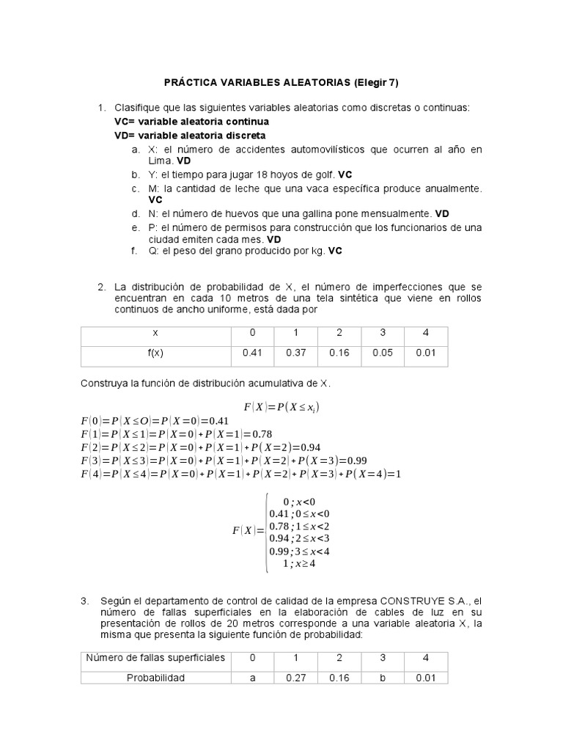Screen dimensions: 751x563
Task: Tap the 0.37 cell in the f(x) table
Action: click(x=295, y=353)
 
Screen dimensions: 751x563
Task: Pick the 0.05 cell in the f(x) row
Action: click(x=382, y=353)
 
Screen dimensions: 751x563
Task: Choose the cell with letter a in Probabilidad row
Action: click(x=252, y=678)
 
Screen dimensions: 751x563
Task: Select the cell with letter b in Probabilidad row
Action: click(x=382, y=678)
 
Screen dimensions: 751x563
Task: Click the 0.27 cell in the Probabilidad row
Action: click(x=295, y=678)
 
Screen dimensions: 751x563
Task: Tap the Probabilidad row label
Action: click(x=155, y=678)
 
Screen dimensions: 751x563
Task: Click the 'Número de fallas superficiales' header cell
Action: click(x=155, y=657)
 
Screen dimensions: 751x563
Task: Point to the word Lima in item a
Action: click(x=160, y=160)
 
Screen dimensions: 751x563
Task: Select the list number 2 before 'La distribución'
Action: click(x=101, y=286)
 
